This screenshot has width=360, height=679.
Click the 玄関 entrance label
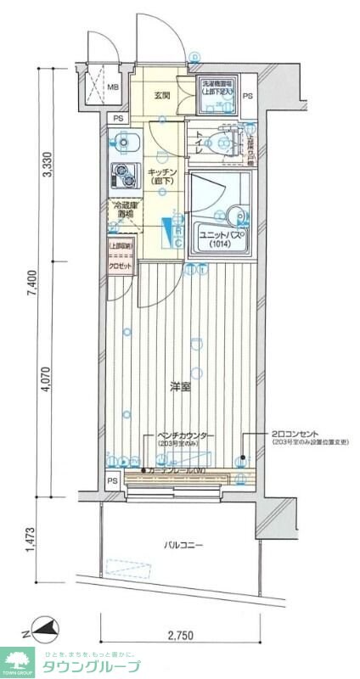(x=163, y=96)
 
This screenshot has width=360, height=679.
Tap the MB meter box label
(x=112, y=87)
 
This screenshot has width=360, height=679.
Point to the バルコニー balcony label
(x=183, y=545)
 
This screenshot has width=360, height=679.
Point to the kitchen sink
(x=124, y=139)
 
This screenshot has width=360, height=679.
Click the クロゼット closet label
(x=120, y=266)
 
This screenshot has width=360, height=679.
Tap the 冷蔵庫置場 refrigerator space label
(x=124, y=209)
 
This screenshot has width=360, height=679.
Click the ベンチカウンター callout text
(x=183, y=435)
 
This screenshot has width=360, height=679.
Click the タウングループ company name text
(x=88, y=665)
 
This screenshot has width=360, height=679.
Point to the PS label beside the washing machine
(x=247, y=96)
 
